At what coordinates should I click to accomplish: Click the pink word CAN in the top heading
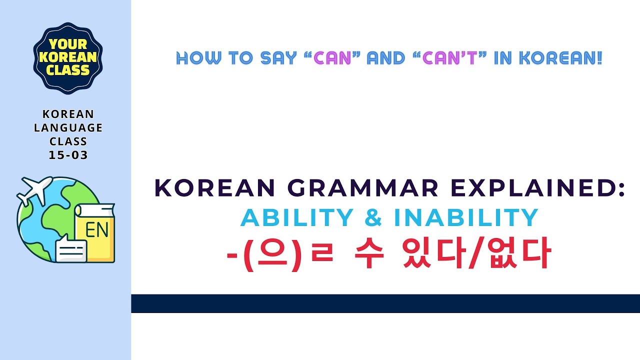tap(332, 59)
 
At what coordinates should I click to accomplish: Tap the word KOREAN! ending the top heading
tap(560, 59)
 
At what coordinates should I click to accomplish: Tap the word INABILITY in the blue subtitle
tap(466, 218)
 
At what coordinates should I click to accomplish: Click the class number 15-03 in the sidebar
tap(68, 155)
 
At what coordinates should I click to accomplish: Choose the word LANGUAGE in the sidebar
tap(68, 128)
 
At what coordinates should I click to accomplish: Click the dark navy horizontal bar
tap(385, 303)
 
